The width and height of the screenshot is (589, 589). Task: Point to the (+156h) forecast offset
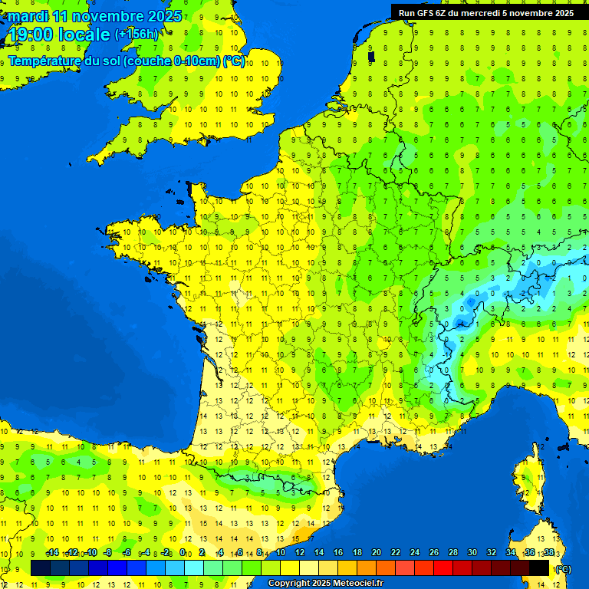[x=137, y=35]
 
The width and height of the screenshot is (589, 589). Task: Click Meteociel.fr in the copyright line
[x=358, y=584]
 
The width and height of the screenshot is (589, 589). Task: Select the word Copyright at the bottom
[x=291, y=584]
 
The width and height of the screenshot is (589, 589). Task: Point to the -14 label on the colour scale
[x=52, y=553]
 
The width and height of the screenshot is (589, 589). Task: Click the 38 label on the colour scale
[x=548, y=553]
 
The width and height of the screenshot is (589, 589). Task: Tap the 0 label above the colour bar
[x=183, y=553]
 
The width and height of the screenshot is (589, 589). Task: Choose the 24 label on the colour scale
[x=415, y=553]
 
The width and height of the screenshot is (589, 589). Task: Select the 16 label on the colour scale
[x=338, y=553]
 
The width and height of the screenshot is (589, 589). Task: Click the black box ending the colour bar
[x=539, y=568]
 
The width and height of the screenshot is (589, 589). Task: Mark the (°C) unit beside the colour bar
[x=563, y=569]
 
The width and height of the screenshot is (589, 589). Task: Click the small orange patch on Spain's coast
[x=304, y=531]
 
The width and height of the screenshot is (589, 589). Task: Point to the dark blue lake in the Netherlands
[x=371, y=56]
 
